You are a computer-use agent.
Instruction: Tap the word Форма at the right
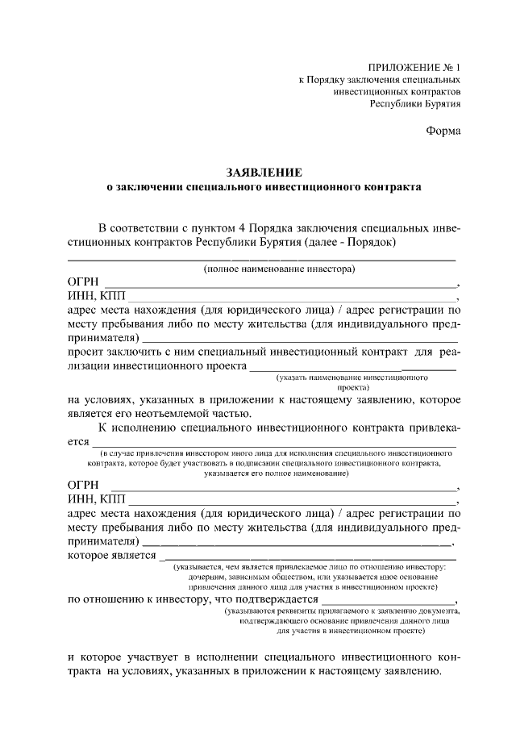tap(443, 131)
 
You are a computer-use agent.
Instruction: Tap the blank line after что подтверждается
tap(389, 601)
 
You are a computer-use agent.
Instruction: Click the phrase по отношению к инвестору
tap(136, 599)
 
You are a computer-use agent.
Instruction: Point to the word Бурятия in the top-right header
tap(439, 105)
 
